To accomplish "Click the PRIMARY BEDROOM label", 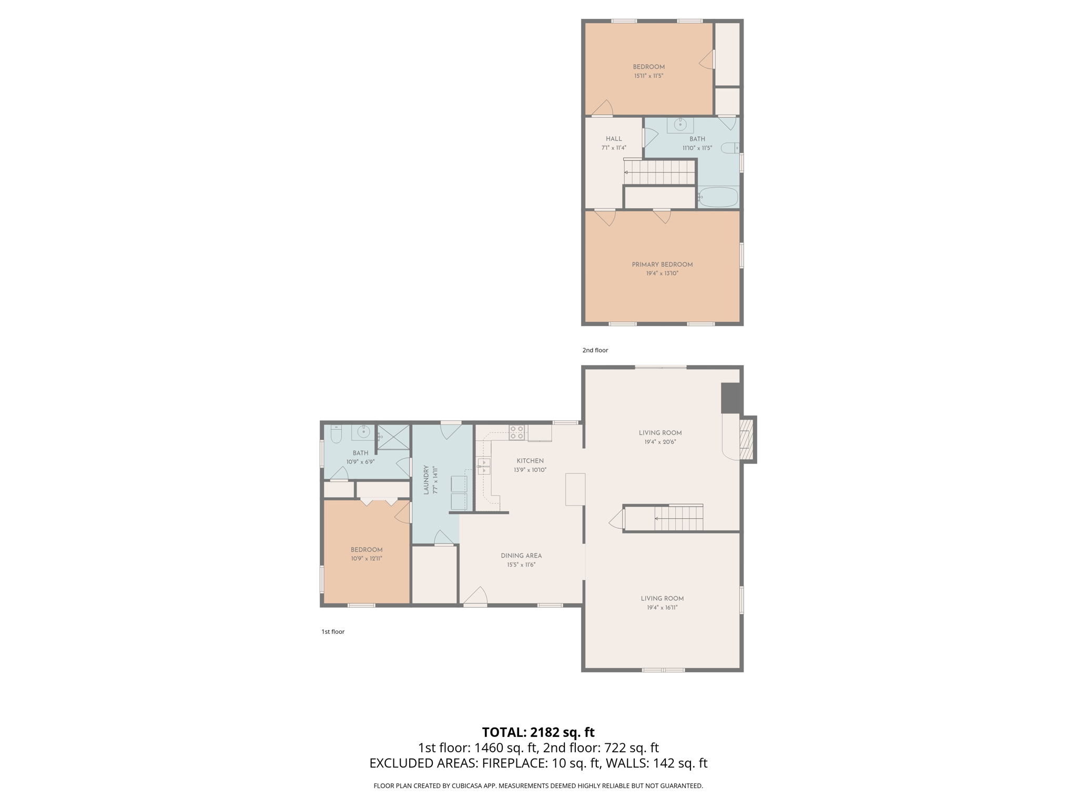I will coord(662,265).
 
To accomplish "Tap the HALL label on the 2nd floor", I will coord(614,139).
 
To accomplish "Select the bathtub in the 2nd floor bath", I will coord(718,197).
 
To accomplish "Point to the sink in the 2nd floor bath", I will coord(680,125).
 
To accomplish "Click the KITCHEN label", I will coord(530,461).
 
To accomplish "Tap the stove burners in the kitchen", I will coord(516,433).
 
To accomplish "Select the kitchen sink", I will coord(484,467).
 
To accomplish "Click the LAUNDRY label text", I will coord(426,479).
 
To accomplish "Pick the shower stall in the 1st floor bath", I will coord(393,437).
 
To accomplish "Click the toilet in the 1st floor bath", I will coord(336,435).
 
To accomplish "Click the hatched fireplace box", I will coord(747,439).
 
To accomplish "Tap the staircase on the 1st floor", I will coord(678,519).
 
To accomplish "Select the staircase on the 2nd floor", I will coord(660,173).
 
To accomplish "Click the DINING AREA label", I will coord(521,555).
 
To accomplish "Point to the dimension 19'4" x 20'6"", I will coord(660,442).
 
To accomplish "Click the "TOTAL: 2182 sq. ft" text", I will coord(538,732).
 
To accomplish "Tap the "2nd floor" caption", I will coord(595,350).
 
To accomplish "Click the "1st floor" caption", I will coord(333,632).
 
